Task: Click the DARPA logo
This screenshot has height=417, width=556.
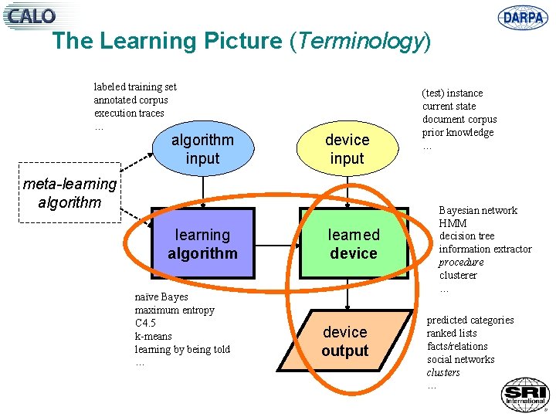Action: tap(523, 17)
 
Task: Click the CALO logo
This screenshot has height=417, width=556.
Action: tap(32, 15)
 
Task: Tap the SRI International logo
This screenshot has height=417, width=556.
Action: tap(524, 394)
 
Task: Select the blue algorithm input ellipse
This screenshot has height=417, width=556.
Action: tap(202, 149)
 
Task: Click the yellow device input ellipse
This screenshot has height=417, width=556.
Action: tap(347, 149)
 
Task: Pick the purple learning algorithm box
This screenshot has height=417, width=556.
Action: tap(202, 243)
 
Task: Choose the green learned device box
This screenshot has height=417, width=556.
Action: tap(353, 243)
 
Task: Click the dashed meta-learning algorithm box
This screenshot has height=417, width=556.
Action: tap(69, 193)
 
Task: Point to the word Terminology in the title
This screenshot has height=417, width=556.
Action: tap(359, 41)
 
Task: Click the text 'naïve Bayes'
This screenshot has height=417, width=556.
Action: tap(161, 297)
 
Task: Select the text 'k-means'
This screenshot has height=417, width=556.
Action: tap(154, 336)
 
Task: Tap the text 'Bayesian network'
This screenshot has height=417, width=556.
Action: tap(478, 210)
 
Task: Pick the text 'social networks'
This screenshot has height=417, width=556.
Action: tap(460, 359)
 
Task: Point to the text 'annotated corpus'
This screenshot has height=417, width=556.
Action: tap(131, 100)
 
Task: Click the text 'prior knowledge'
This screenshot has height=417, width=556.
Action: tap(458, 132)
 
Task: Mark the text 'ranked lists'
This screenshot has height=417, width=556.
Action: tap(452, 333)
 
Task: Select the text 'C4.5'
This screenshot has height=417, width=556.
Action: tap(145, 323)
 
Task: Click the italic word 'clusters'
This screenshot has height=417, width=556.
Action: tap(443, 372)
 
